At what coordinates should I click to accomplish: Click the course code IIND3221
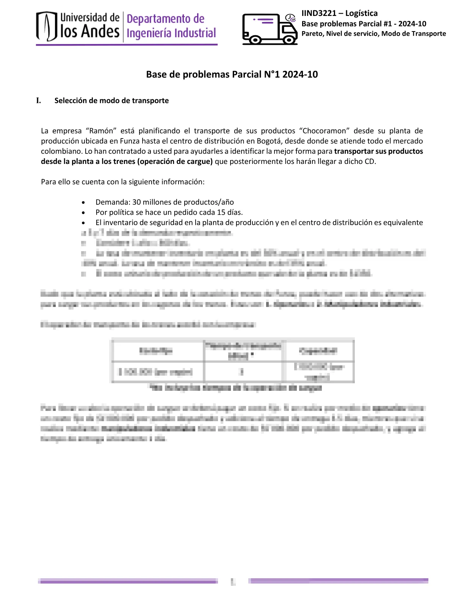319,13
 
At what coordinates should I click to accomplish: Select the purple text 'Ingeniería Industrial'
171,33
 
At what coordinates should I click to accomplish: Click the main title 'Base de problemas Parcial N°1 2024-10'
232,74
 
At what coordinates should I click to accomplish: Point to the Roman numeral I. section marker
39,101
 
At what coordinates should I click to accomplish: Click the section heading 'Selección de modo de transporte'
111,101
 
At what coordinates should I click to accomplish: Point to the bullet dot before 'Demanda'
83,203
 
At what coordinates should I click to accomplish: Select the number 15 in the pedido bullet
221,212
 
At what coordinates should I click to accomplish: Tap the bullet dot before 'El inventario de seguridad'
83,223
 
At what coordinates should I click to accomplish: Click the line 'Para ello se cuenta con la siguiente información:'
122,182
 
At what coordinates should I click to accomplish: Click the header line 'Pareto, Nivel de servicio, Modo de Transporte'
373,34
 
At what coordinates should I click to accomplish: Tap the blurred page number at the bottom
233,581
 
